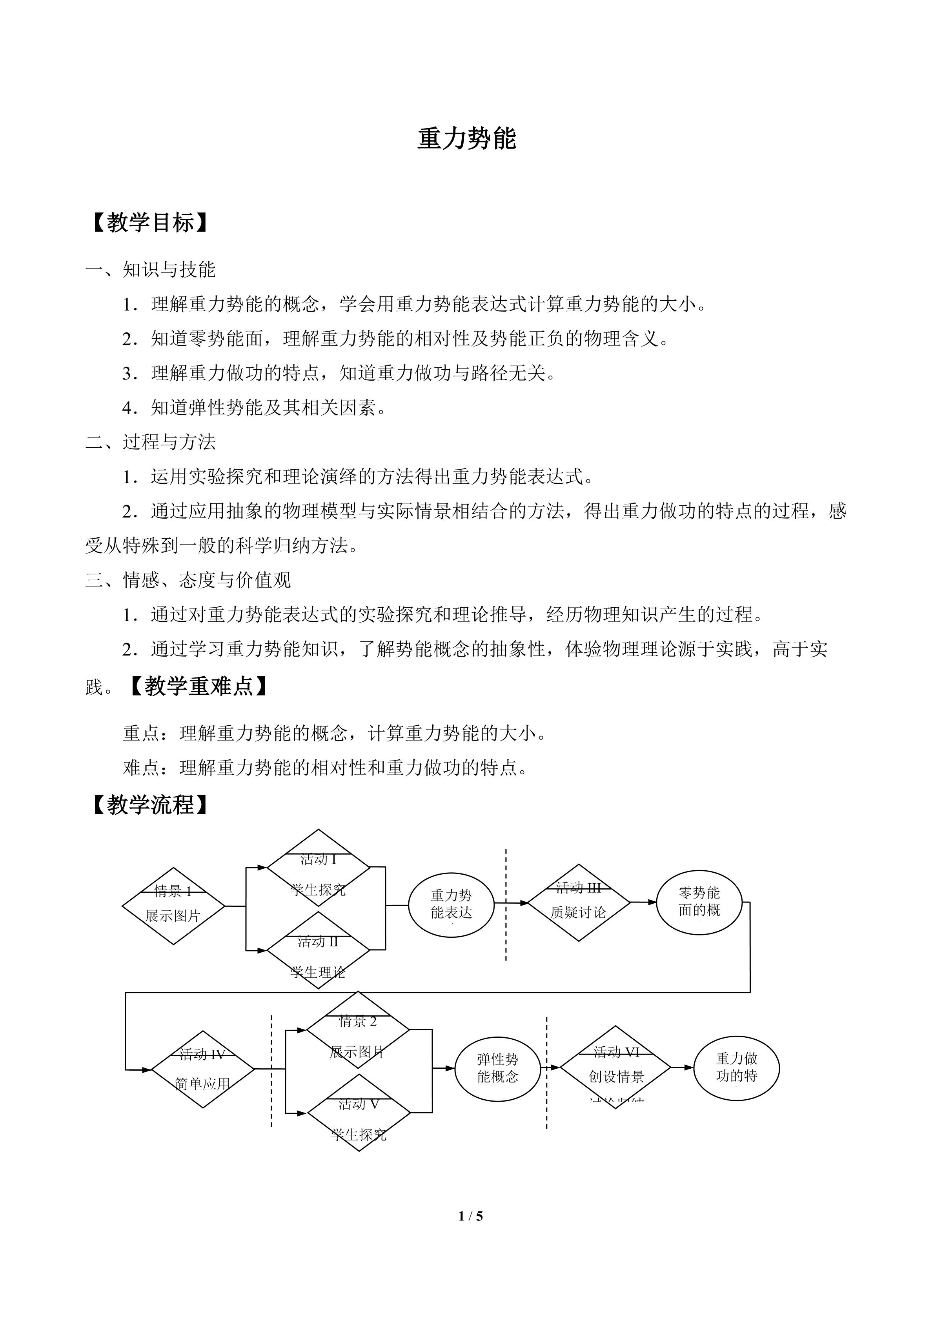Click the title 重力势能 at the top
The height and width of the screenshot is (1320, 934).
pyautogui.click(x=466, y=139)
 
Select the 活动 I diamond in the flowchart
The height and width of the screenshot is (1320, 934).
pyautogui.click(x=318, y=867)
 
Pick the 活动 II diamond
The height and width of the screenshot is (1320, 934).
pyautogui.click(x=318, y=950)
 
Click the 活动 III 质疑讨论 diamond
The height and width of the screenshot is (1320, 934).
pyautogui.click(x=579, y=902)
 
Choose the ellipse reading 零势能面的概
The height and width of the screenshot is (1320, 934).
pyautogui.click(x=699, y=902)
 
